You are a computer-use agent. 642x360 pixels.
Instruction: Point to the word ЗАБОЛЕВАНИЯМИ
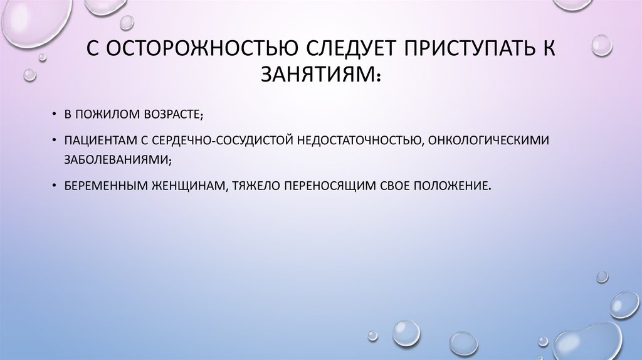[117, 159]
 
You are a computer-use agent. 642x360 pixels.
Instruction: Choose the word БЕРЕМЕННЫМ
[102, 186]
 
